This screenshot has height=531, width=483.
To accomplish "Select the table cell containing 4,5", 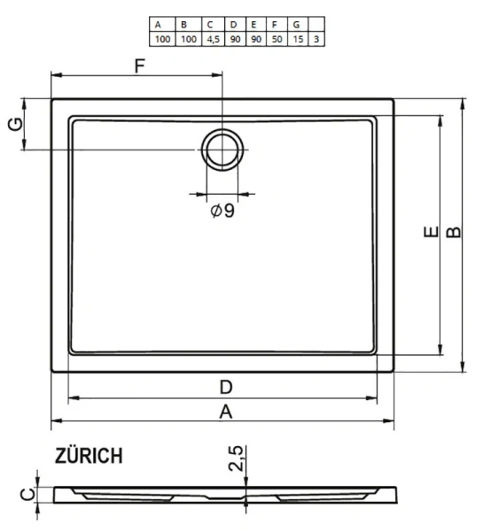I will (x=213, y=40).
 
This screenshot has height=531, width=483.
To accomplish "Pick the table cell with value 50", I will (x=277, y=40).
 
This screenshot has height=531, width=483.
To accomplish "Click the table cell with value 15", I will (x=298, y=40).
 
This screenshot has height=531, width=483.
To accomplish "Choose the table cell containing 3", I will (x=316, y=40).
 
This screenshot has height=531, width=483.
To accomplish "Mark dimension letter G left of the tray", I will (x=15, y=125).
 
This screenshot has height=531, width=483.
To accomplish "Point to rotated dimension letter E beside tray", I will (x=429, y=235).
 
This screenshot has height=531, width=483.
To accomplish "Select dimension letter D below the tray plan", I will (x=226, y=386).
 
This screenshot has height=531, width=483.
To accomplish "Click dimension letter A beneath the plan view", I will (x=226, y=412).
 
